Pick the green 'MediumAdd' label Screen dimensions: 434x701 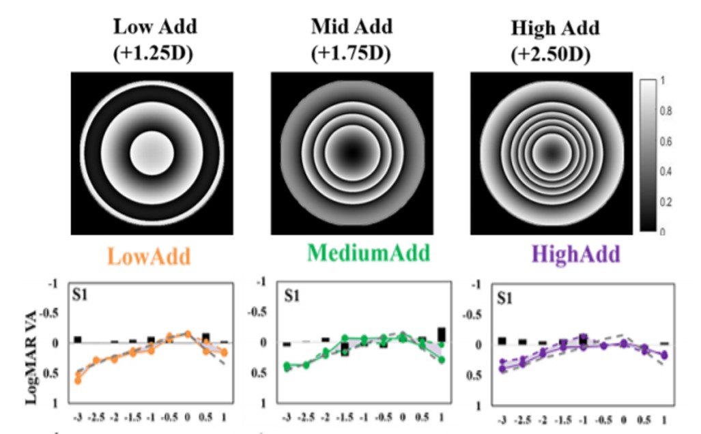click(368, 253)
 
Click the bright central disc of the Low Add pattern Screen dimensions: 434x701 click(152, 153)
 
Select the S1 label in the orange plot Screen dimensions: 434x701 click(82, 295)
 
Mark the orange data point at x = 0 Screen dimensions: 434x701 click(188, 334)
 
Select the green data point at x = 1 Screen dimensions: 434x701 click(442, 360)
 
